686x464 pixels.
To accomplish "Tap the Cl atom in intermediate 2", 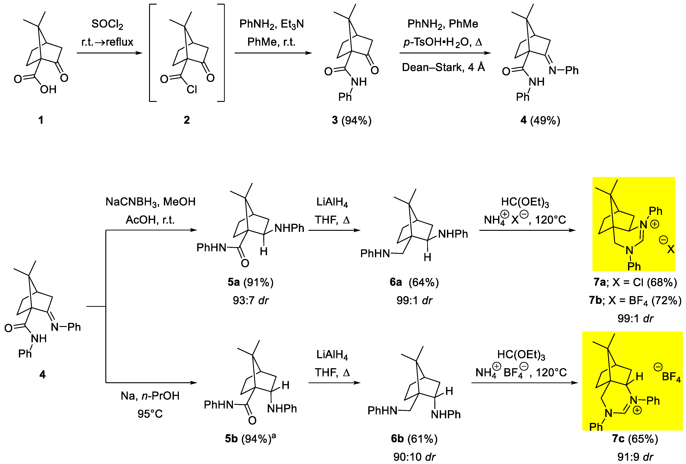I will [192, 89].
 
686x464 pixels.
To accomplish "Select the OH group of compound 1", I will [48, 89].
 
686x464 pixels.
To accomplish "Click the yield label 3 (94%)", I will [351, 120].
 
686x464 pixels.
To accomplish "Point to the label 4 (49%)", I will [540, 120].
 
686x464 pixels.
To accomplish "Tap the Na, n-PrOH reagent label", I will [150, 396].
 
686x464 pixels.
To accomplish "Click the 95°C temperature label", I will [150, 414].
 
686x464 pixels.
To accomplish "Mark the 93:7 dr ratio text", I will [250, 300].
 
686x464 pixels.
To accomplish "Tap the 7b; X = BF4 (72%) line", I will [635, 300].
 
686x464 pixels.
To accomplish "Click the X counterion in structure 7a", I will [671, 249].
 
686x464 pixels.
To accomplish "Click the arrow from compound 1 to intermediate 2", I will [109, 53].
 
